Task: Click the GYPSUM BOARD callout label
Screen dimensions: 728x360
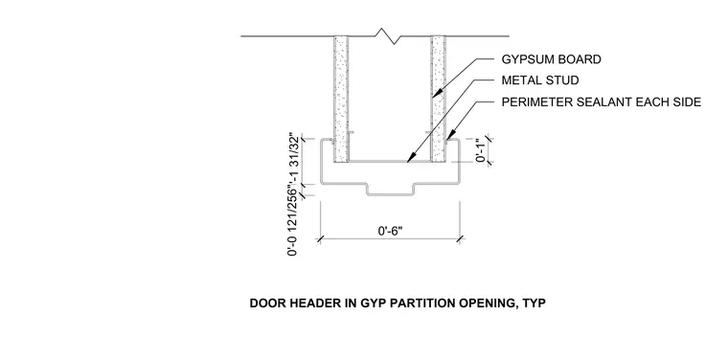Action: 551,59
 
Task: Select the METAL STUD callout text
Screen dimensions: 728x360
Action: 540,80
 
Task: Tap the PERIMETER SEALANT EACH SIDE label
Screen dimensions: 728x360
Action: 602,102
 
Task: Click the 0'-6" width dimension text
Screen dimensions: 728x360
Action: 390,231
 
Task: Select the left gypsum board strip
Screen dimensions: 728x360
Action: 341,99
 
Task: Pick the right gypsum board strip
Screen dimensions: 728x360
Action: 438,99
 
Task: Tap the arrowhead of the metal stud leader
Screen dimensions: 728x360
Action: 409,158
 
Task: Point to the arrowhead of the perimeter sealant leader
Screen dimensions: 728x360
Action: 448,137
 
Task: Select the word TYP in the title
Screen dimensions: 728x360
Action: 535,304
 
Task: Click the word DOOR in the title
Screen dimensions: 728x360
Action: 268,304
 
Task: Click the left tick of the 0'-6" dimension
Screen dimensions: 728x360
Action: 320,239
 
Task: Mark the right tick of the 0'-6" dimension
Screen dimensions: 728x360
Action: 460,239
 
